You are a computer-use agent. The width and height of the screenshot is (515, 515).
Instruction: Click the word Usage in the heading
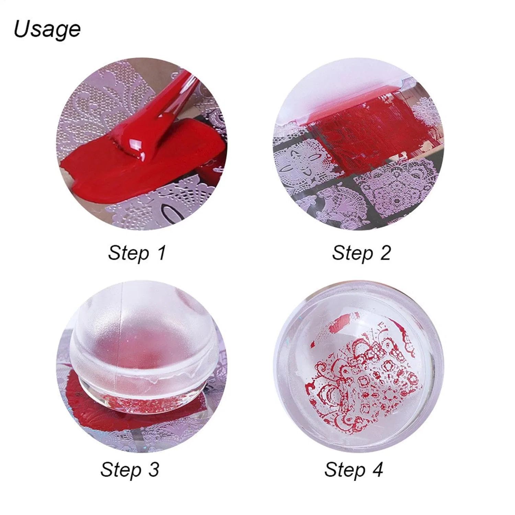[47, 30]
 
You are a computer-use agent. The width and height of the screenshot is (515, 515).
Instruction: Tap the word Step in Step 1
[128, 253]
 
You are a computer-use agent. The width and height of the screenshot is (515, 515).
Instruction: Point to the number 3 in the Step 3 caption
[153, 469]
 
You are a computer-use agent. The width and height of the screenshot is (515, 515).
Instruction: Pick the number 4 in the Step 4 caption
[377, 469]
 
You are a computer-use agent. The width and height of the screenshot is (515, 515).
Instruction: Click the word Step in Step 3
[121, 470]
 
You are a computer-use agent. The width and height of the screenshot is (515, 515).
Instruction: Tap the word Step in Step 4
[345, 470]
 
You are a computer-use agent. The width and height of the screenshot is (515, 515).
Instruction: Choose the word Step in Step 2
[352, 253]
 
